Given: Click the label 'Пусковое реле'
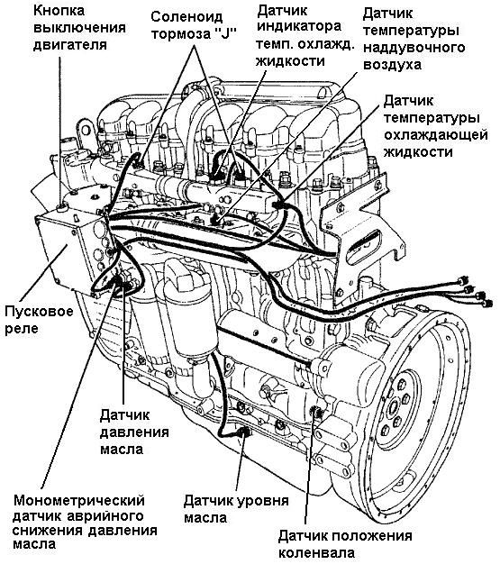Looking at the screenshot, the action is point(39,320).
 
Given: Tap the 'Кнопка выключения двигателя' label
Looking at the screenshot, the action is point(79,28).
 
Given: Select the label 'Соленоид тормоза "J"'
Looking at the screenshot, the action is point(194,25).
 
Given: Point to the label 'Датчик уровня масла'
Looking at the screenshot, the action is point(236,509).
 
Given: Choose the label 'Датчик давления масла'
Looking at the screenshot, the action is point(134,432).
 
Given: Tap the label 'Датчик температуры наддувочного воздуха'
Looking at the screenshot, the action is point(414,39).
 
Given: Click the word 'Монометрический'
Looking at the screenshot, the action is point(79,500).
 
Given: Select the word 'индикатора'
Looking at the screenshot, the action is point(298,26).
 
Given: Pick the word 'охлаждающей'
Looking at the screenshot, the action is point(436,134).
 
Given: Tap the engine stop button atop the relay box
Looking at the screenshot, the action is point(63,207).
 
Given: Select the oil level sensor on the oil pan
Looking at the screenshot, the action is point(245,432).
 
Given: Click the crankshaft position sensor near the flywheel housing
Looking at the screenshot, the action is point(316,413).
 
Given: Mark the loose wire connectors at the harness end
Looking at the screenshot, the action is point(473,291).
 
